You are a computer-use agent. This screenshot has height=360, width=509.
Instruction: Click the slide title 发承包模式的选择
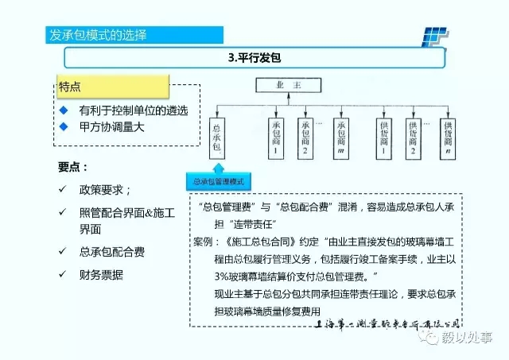coord(98,36)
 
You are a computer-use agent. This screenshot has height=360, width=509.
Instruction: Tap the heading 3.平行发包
coord(254,58)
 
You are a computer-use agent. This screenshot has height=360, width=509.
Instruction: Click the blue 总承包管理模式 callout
coord(220,181)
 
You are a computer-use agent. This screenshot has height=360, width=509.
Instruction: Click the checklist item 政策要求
coord(104,191)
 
